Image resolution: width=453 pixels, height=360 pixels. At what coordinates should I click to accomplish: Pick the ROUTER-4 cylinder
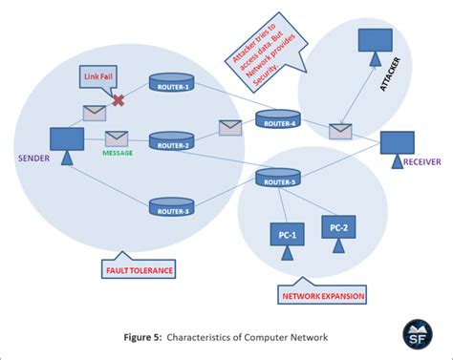click(276, 118)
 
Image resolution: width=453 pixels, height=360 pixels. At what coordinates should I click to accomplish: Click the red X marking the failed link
click(119, 100)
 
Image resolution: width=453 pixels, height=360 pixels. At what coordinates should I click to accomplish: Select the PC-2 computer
click(339, 229)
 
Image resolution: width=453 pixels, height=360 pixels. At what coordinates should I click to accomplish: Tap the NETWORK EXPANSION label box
click(322, 297)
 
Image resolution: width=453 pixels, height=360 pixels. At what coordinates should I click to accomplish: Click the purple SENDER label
click(32, 156)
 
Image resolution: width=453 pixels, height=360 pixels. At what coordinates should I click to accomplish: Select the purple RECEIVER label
click(421, 161)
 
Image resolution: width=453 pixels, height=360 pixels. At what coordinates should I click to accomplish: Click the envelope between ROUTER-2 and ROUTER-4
click(231, 127)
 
